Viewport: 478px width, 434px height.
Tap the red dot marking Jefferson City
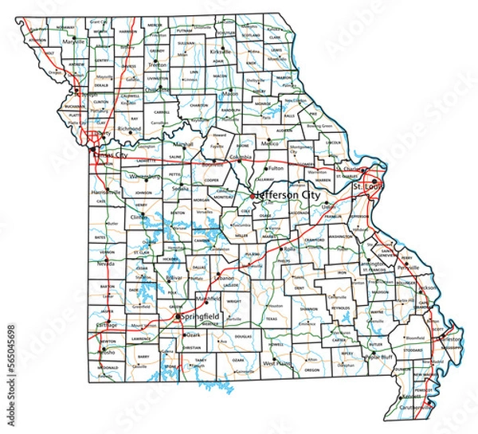(x=253, y=196)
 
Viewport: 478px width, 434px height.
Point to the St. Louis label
(x=367, y=186)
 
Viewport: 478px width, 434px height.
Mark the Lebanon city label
(x=225, y=279)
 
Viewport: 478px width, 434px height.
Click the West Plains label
(x=277, y=362)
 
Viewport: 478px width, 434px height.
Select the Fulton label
(x=276, y=168)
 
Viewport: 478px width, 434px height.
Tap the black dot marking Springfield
(x=176, y=317)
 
